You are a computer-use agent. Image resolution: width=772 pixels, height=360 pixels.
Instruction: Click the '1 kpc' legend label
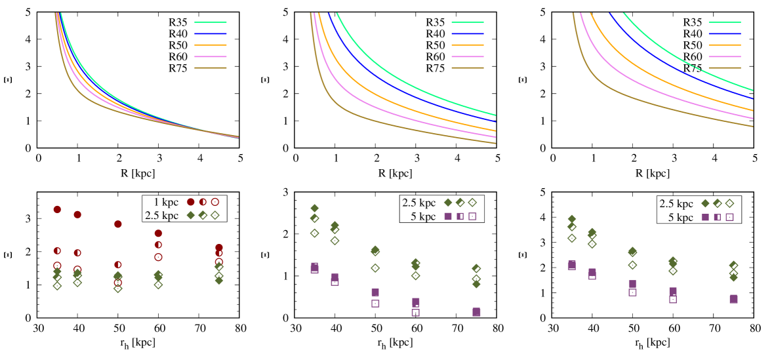coord(166,202)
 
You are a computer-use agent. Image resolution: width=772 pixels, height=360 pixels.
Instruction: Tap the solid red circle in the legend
coord(191,202)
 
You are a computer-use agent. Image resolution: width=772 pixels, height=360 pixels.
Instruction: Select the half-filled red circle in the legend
coord(203,202)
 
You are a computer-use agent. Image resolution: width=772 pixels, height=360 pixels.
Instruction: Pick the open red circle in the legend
coord(214,202)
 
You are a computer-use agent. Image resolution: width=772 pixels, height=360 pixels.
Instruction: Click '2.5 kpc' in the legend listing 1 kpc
coord(161,215)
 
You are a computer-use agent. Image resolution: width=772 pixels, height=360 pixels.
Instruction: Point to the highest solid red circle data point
coord(57,209)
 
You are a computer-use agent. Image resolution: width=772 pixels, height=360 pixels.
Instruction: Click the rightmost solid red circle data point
coord(219,248)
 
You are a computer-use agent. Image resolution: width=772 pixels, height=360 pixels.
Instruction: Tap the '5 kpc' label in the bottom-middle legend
coord(423,216)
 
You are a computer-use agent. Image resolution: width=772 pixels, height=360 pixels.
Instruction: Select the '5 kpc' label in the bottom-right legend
coord(680,217)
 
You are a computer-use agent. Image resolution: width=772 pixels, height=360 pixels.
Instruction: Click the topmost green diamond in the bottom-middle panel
coord(314,208)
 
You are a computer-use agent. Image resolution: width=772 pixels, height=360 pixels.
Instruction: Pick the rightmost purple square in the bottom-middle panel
coord(476,312)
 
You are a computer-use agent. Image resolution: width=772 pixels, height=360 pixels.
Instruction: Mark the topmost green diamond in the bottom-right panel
coord(571,218)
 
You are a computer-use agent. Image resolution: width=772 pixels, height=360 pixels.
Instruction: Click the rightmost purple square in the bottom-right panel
coord(733,299)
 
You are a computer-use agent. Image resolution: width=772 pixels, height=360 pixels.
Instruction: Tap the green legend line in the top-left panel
coord(210,22)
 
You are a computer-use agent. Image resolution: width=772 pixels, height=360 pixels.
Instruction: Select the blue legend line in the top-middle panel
coord(467,33)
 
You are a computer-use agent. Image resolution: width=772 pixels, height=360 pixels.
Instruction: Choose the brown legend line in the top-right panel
coord(724,68)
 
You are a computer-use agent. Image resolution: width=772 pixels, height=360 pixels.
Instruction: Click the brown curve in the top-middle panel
coord(394,123)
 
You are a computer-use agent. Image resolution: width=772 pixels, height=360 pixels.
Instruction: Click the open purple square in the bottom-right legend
coord(729,217)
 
